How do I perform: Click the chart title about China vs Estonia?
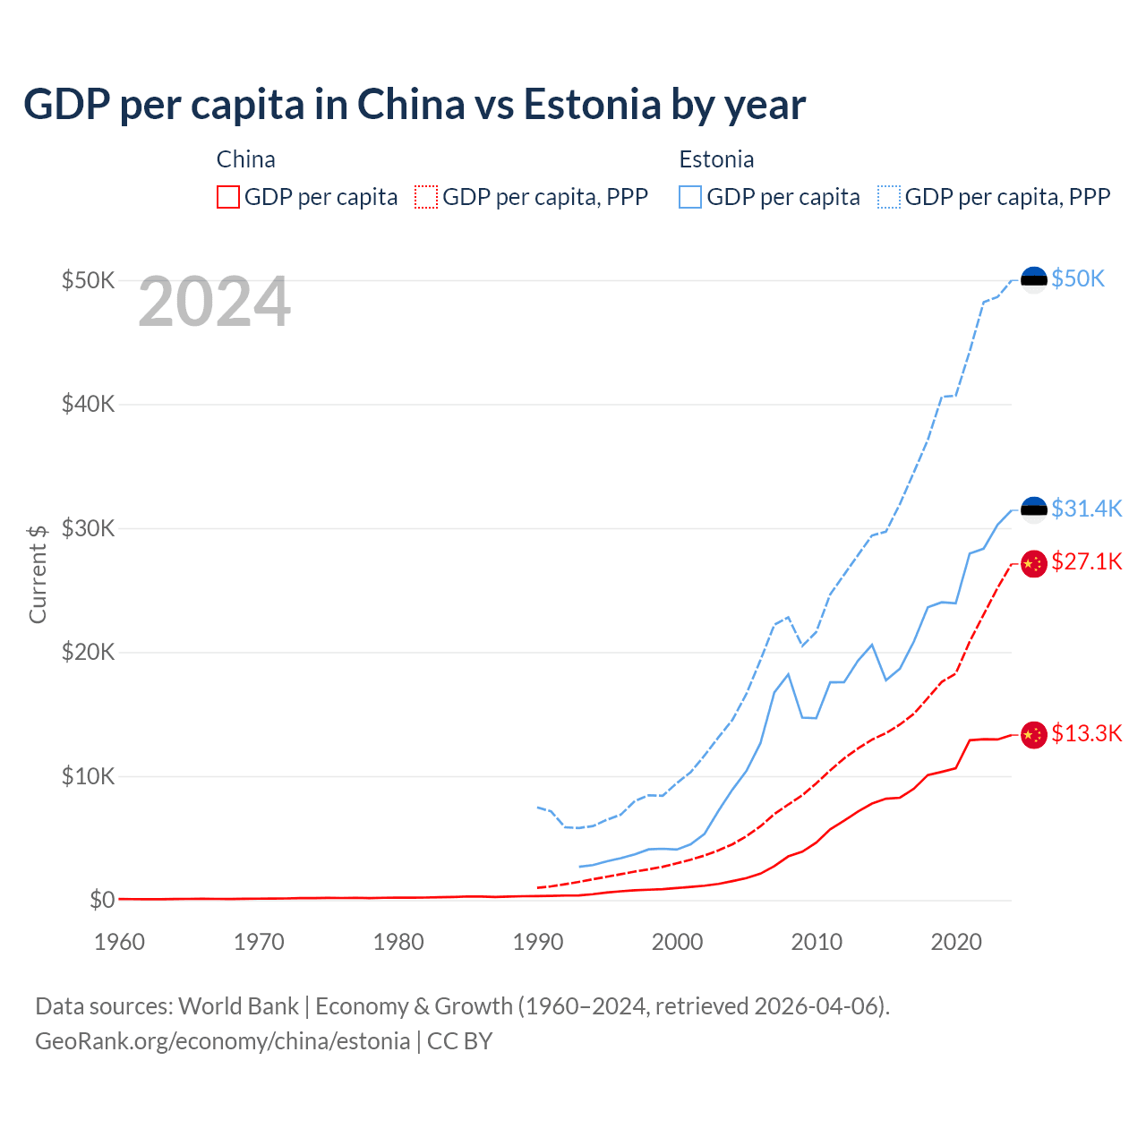click(x=415, y=104)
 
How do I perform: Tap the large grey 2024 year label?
click(x=214, y=303)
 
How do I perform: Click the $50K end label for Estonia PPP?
click(x=1078, y=278)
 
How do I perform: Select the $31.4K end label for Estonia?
click(x=1086, y=509)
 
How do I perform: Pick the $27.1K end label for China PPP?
click(x=1086, y=561)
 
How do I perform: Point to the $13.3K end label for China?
click(x=1086, y=733)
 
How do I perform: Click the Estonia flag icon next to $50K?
click(x=1034, y=279)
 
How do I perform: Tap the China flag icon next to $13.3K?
click(x=1034, y=735)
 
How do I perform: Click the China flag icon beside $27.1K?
click(x=1034, y=563)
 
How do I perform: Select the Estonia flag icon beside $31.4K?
click(x=1034, y=510)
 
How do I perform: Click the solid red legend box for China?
click(x=228, y=197)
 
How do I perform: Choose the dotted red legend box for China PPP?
click(x=426, y=197)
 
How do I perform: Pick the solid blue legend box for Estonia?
click(x=690, y=197)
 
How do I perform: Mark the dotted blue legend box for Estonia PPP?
click(x=889, y=197)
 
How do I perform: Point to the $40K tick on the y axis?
click(x=89, y=404)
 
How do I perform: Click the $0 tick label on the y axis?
click(x=102, y=900)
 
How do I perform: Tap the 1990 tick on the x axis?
click(x=538, y=942)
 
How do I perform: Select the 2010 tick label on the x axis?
click(x=817, y=942)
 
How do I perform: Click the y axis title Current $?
click(x=38, y=574)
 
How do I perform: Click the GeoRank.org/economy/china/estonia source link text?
click(x=222, y=1041)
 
